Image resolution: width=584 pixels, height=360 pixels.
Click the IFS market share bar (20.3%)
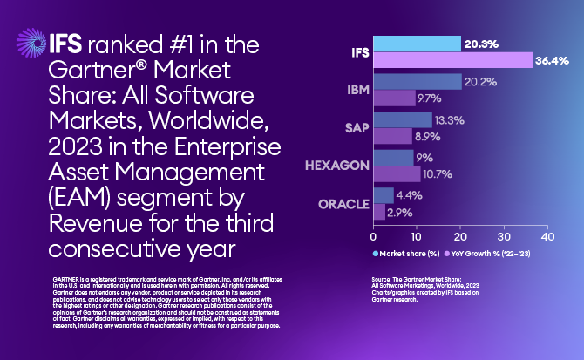click(x=417, y=44)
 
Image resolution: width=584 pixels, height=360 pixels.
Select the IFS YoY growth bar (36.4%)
click(x=452, y=60)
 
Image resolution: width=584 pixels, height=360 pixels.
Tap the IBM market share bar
click(x=417, y=82)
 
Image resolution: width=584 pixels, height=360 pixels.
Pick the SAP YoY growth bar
click(x=392, y=136)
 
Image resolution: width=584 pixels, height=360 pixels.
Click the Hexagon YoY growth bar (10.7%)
click(x=396, y=173)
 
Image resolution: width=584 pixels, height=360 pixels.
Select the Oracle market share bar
click(x=383, y=195)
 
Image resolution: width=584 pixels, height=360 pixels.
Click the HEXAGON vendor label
click(x=335, y=166)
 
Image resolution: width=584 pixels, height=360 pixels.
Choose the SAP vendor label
click(x=351, y=127)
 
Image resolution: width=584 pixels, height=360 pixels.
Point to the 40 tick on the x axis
click(x=547, y=236)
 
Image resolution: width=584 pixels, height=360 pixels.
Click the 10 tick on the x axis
click(x=417, y=236)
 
